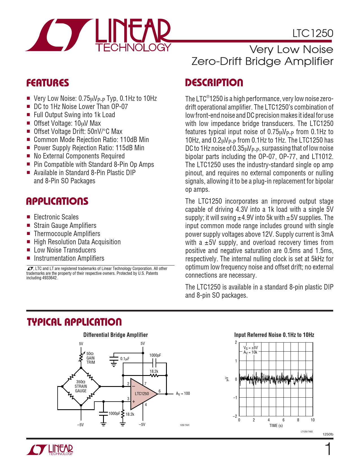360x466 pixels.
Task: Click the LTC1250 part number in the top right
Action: (x=313, y=33)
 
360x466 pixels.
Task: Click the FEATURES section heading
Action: (x=48, y=83)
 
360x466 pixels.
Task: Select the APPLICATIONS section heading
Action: (x=57, y=201)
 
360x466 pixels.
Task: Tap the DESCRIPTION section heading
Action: (x=214, y=83)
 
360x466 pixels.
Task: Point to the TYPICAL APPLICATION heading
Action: (x=74, y=322)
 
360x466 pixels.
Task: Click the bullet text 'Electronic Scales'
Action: (x=56, y=217)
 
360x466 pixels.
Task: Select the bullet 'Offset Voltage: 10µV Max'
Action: (x=67, y=123)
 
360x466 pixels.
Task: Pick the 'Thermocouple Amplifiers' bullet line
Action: (x=67, y=234)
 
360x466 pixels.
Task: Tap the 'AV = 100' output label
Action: (x=183, y=393)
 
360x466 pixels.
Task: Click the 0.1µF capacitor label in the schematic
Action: (x=125, y=359)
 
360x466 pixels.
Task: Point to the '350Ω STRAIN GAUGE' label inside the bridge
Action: (x=81, y=386)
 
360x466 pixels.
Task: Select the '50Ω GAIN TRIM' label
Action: (x=91, y=358)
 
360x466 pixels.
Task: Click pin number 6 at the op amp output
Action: (x=160, y=391)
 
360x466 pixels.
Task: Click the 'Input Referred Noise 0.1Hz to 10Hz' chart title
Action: (x=274, y=335)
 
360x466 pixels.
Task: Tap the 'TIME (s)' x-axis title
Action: (x=276, y=426)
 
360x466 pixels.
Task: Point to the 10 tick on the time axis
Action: (x=313, y=420)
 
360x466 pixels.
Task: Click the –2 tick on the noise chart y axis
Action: (x=235, y=416)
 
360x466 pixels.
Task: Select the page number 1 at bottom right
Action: (x=328, y=450)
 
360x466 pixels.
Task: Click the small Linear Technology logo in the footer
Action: (x=50, y=450)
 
